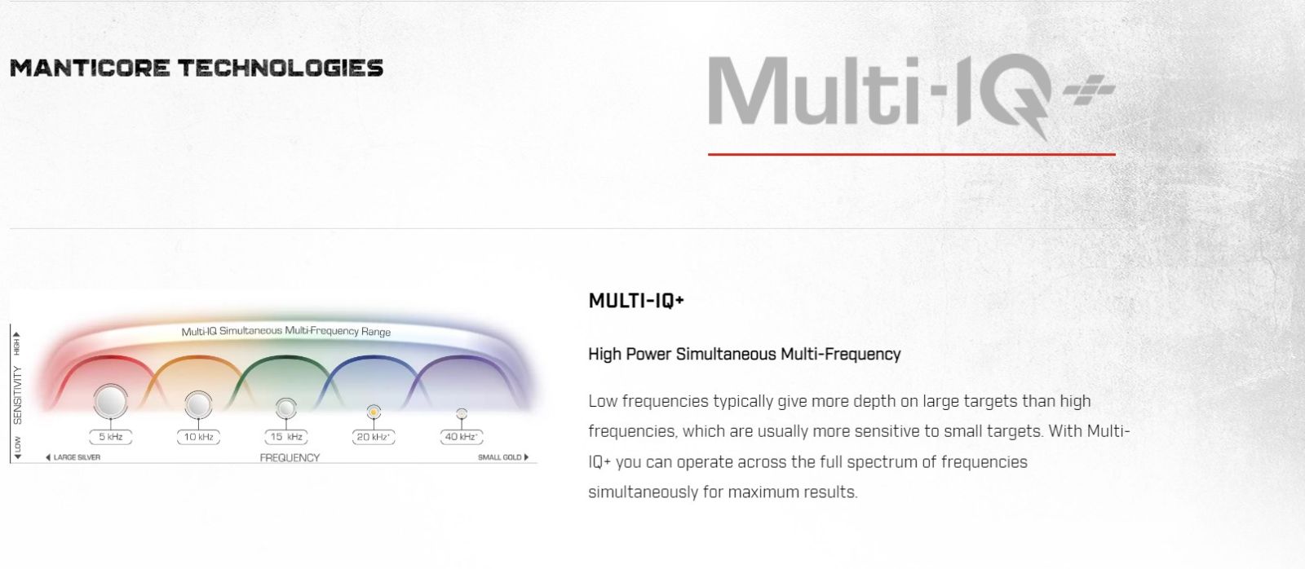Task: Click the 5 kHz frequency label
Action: click(111, 437)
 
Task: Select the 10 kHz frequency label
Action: click(199, 437)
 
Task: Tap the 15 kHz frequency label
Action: click(286, 437)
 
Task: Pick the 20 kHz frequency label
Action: click(374, 437)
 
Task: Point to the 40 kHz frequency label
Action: click(462, 437)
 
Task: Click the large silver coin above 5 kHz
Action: click(111, 401)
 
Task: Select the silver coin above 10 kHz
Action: click(199, 405)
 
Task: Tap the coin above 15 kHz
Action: click(286, 408)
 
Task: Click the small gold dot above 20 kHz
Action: click(374, 412)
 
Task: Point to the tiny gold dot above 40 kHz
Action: click(462, 414)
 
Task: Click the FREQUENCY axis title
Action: click(290, 458)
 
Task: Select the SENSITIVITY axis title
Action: click(17, 395)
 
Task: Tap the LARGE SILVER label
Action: click(77, 457)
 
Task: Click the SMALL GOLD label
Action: click(500, 457)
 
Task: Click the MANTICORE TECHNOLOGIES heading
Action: click(197, 68)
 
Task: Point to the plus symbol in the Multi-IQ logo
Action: click(1090, 90)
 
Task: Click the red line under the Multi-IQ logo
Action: click(912, 154)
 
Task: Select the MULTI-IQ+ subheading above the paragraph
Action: click(636, 301)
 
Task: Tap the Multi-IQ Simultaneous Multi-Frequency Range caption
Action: click(286, 332)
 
